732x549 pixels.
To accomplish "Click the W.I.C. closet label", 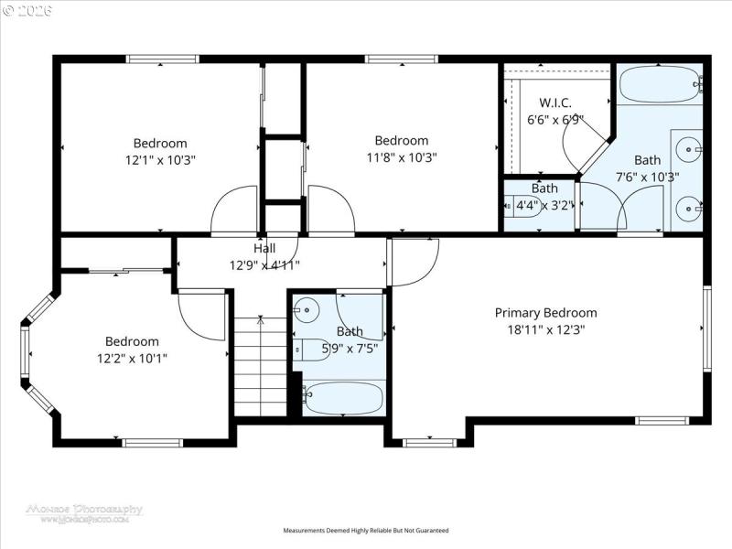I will click(555, 102).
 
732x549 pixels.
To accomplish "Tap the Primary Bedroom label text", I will click(545, 312).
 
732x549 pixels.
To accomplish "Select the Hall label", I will click(264, 248).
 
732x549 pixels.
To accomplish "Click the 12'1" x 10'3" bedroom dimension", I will click(160, 159).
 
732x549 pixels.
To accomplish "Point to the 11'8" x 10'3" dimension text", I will click(402, 156).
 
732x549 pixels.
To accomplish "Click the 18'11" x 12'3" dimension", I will click(545, 328).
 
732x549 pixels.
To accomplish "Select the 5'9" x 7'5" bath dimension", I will click(350, 348).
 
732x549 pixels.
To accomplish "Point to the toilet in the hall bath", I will click(305, 349).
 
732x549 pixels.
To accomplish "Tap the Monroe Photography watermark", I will click(85, 512).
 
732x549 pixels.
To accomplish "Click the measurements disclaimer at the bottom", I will click(366, 530).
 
